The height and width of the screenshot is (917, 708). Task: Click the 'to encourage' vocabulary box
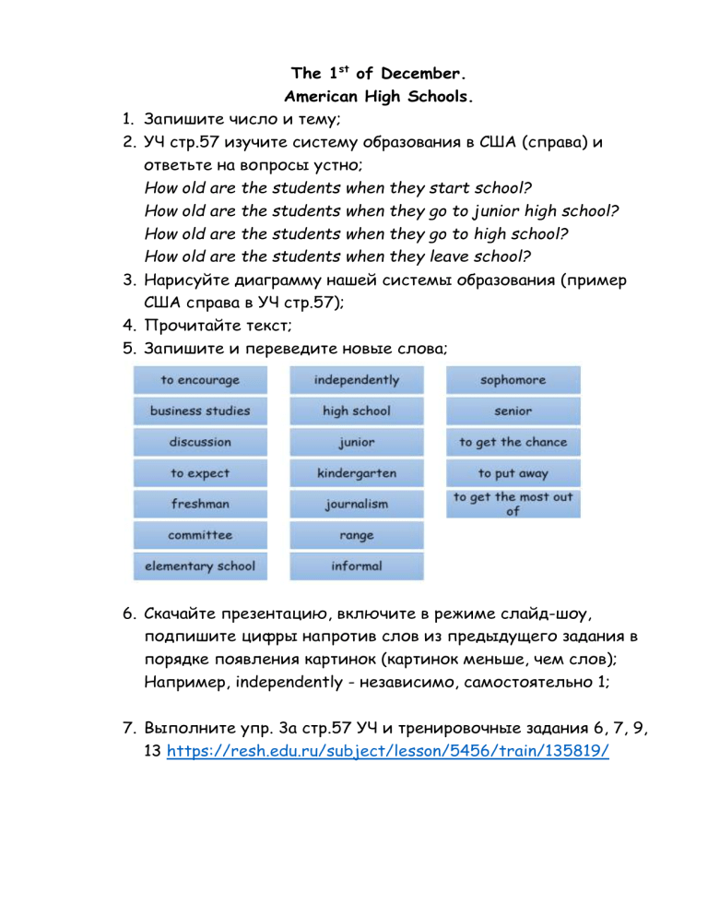[x=200, y=380]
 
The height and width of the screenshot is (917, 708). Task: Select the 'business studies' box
[x=200, y=411]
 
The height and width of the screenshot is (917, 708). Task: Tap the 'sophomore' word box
[x=513, y=380]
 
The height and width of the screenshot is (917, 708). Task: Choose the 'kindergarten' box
[x=357, y=473]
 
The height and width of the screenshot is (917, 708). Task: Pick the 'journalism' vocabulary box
[x=357, y=505]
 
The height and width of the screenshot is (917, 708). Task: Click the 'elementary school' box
[x=200, y=566]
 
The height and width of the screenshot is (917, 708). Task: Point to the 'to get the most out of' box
[x=513, y=505]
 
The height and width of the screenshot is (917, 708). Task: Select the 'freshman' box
[x=200, y=505]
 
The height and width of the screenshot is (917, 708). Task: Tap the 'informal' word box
[x=357, y=566]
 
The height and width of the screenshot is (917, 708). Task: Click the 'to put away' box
[x=513, y=473]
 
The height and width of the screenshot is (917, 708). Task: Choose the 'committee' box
[x=200, y=535]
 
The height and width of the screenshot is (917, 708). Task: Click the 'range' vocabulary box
[x=357, y=535]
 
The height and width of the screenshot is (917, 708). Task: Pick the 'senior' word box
[x=513, y=411]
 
